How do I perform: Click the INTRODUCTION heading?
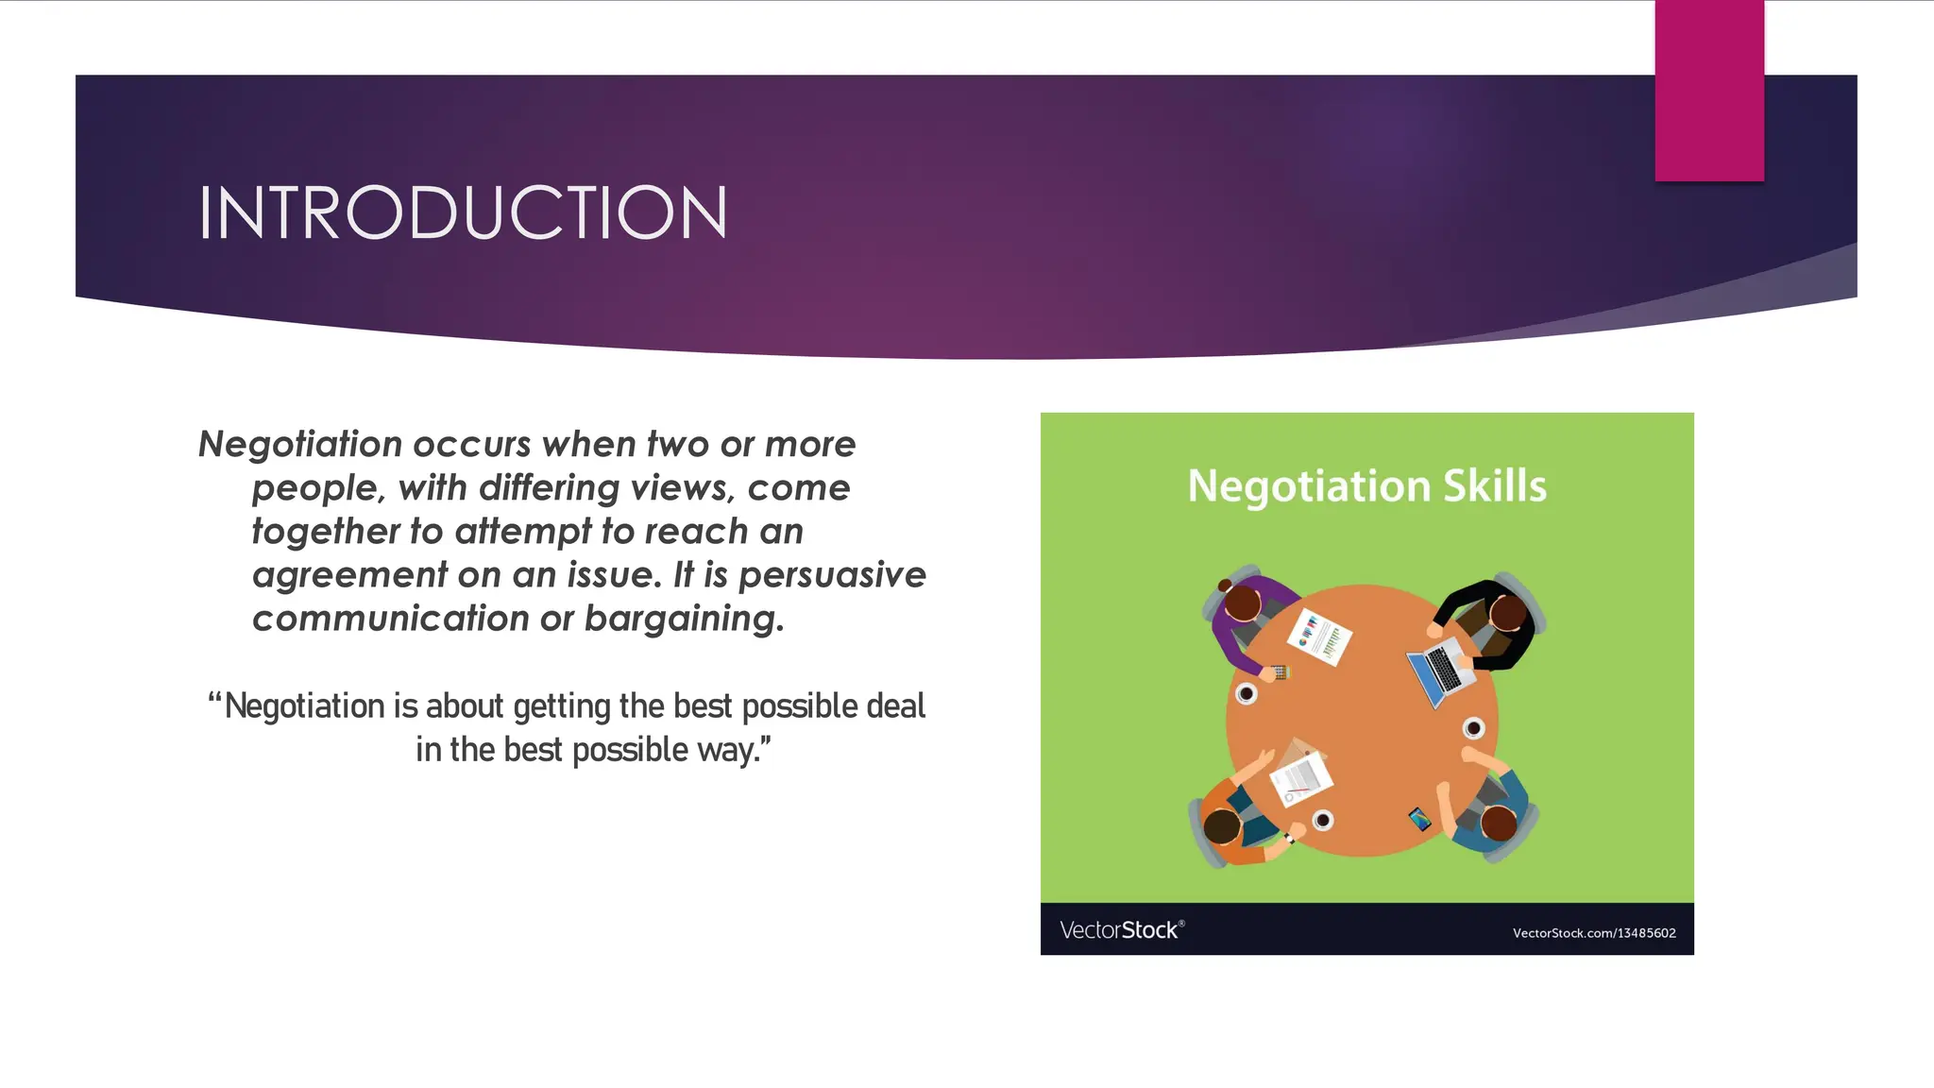click(463, 212)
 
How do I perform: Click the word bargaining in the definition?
click(684, 619)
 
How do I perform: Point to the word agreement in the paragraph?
click(349, 575)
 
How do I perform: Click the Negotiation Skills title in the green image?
click(1366, 486)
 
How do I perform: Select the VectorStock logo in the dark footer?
click(1121, 930)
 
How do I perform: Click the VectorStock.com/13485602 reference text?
click(1593, 933)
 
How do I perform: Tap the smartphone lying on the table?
click(1419, 818)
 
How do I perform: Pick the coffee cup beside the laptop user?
click(1473, 728)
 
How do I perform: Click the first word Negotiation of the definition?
click(300, 445)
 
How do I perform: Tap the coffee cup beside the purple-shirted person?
click(1247, 694)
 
